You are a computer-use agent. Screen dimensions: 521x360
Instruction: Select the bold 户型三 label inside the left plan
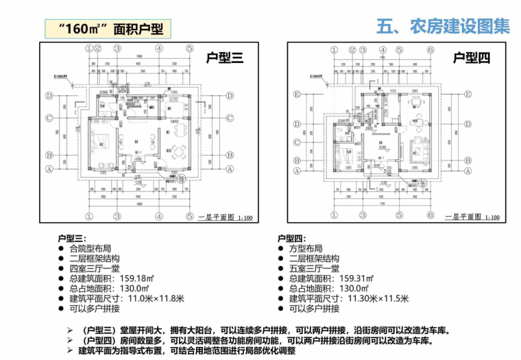point(225,58)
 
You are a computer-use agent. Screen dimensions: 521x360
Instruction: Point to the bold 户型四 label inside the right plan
point(472,58)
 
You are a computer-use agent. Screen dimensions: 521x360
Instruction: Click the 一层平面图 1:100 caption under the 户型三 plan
point(224,217)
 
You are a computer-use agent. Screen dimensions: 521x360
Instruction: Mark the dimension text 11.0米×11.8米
point(152,298)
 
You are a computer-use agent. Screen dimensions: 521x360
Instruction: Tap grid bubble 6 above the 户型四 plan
point(430,49)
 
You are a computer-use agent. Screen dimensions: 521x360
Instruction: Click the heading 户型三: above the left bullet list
point(71,238)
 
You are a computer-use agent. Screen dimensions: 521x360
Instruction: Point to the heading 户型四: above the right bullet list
point(291,238)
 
